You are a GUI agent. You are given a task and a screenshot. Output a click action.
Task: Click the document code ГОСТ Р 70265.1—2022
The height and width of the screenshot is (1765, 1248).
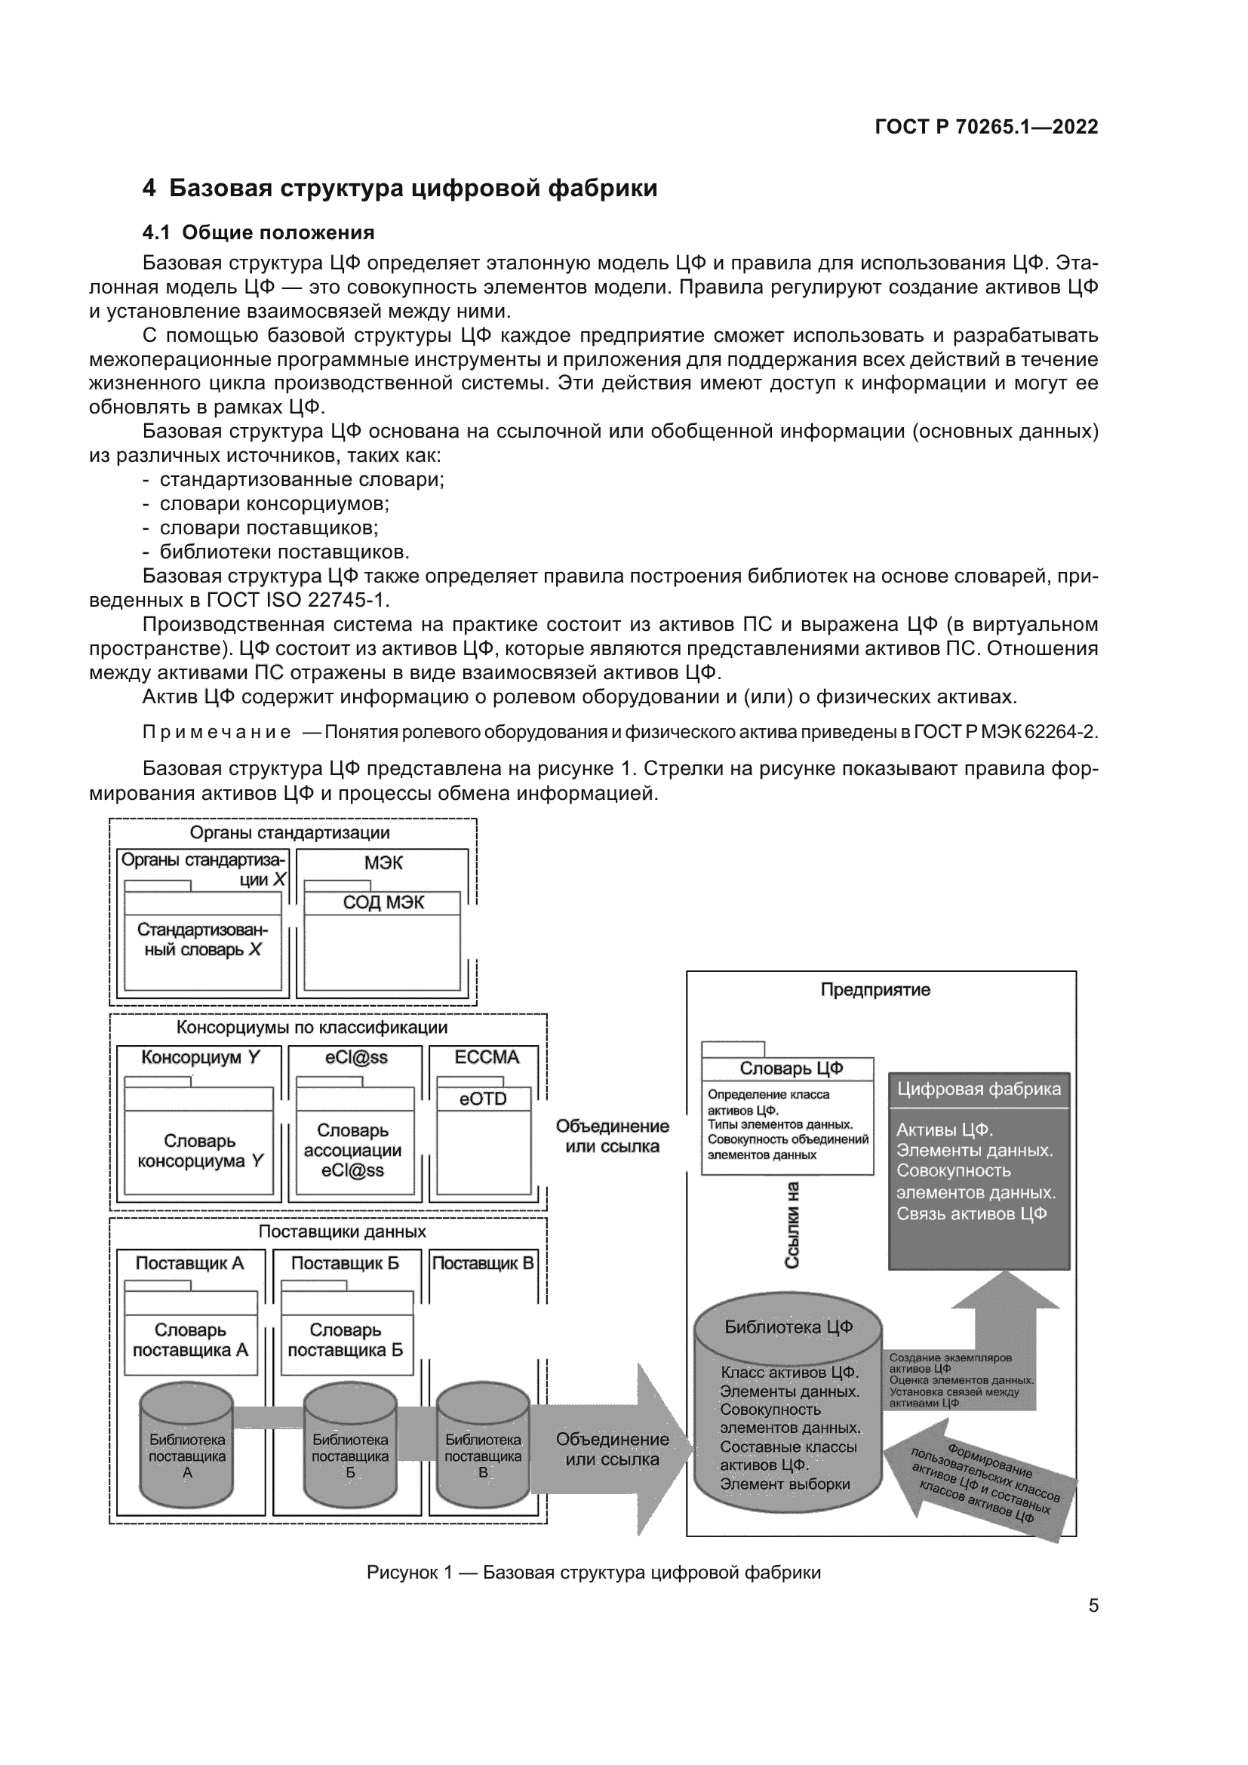tap(986, 127)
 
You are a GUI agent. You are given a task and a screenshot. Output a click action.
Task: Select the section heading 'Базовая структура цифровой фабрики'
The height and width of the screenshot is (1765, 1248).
tap(413, 189)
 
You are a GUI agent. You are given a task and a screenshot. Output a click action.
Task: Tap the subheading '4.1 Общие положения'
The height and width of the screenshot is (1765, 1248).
tap(258, 232)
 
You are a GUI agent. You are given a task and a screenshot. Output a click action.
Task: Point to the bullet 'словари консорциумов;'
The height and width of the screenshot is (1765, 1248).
tap(274, 503)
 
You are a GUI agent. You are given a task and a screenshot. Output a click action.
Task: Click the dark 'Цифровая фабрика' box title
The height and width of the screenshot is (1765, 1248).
tap(979, 1089)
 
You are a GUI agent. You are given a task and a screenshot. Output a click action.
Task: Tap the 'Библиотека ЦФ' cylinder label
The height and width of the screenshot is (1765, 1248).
tap(788, 1327)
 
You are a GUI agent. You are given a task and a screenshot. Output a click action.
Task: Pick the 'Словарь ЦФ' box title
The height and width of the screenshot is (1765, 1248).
tap(791, 1068)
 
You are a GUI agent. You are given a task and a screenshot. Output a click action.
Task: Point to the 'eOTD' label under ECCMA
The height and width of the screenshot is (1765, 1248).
tap(483, 1099)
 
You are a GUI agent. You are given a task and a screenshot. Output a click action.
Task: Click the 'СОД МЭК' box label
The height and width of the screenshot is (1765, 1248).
tap(383, 902)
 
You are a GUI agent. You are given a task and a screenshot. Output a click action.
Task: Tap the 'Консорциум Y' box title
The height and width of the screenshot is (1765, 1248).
tap(200, 1057)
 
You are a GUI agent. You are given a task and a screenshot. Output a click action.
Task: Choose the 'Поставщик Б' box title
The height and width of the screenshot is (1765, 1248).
tap(345, 1263)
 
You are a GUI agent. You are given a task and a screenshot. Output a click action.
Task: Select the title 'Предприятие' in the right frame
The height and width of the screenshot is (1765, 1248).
tap(875, 989)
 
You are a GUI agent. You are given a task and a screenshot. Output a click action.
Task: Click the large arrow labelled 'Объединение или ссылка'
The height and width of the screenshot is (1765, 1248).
tap(612, 1449)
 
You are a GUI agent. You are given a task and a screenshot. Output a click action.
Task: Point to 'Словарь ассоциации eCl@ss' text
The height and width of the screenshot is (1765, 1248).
tap(352, 1150)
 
